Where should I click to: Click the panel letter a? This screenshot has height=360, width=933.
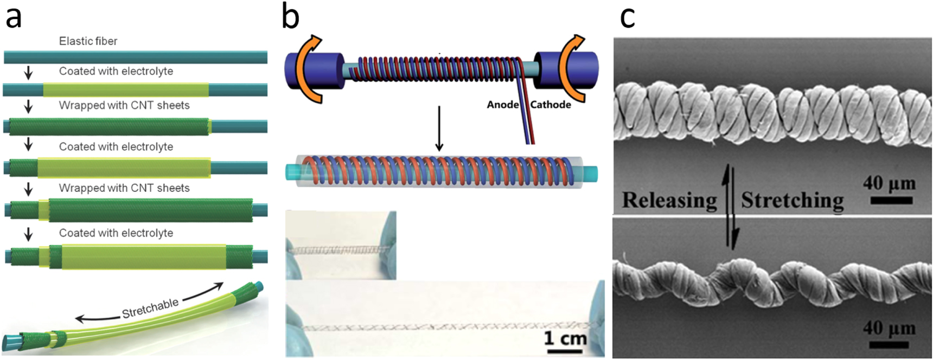click(x=14, y=18)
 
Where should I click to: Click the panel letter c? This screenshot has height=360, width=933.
click(x=627, y=18)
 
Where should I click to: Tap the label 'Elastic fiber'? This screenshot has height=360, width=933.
click(x=88, y=41)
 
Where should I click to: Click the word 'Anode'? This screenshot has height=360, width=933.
click(x=502, y=105)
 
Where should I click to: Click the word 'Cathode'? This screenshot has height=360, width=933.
click(x=550, y=105)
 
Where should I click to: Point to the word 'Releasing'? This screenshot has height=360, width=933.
click(x=669, y=200)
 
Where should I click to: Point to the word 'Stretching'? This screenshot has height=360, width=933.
click(x=792, y=200)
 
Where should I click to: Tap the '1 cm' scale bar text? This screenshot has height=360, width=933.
click(x=565, y=338)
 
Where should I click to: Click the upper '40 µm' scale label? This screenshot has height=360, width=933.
click(x=889, y=183)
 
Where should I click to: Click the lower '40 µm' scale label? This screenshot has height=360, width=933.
click(x=889, y=327)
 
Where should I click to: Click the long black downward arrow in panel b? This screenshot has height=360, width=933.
click(x=439, y=128)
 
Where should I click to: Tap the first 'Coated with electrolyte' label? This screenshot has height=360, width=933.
click(x=116, y=72)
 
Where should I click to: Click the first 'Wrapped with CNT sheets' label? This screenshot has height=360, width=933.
click(x=124, y=105)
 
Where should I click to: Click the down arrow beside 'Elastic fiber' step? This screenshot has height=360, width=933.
click(x=28, y=73)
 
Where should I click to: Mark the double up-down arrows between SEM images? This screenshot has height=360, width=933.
click(x=730, y=209)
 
